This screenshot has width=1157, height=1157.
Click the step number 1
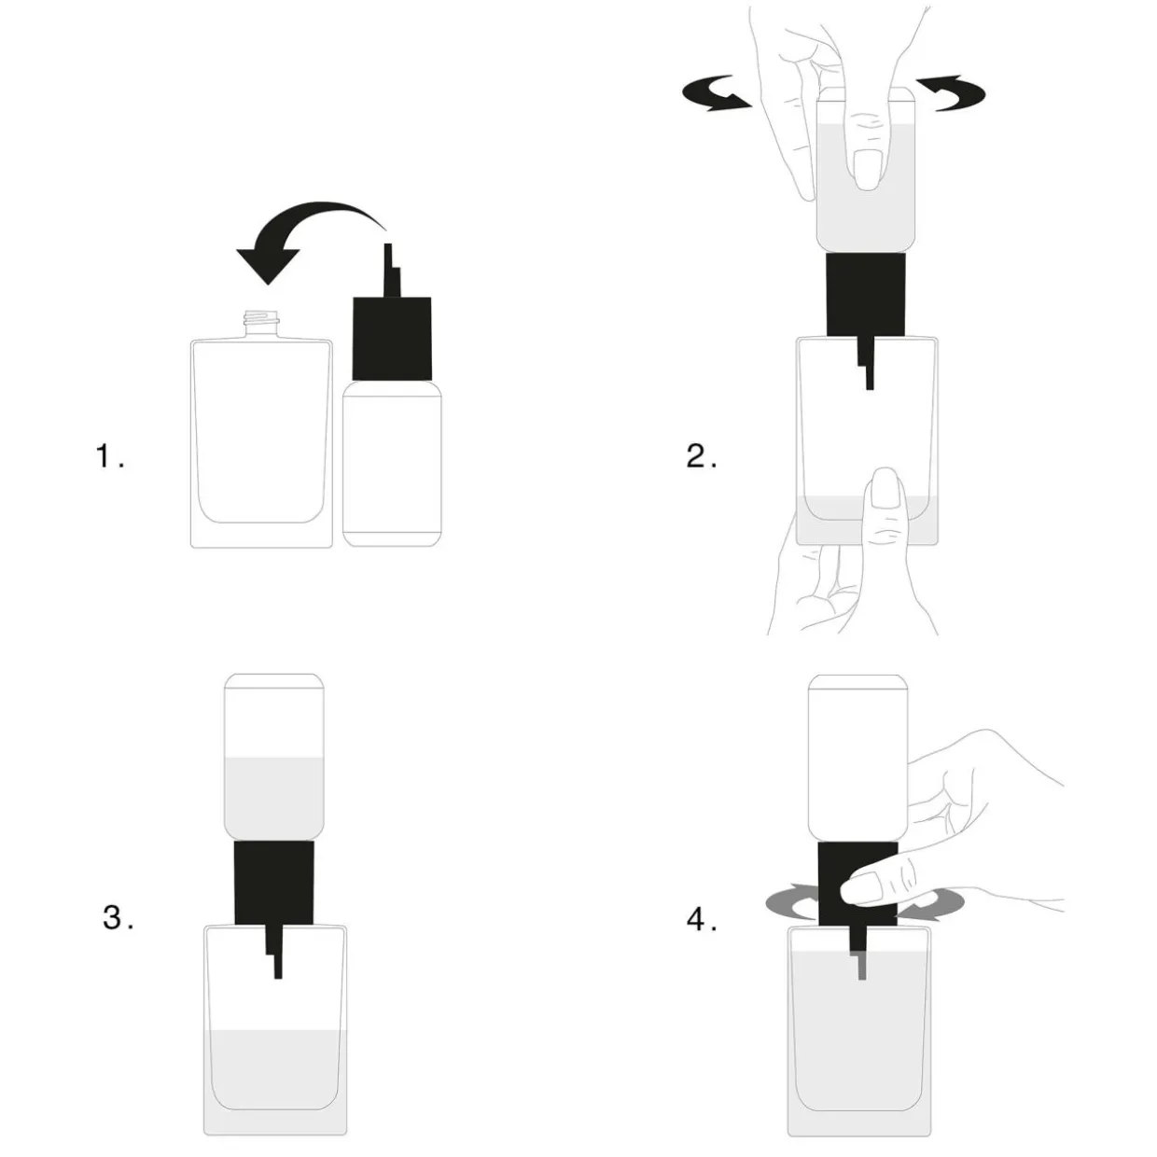click(110, 455)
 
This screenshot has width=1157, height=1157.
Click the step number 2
click(701, 455)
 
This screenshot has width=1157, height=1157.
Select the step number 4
click(702, 919)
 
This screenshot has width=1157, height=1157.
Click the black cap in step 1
click(392, 338)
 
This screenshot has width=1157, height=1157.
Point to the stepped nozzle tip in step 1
click(392, 271)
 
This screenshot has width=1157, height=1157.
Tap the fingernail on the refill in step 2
click(867, 169)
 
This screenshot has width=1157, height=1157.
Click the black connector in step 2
click(866, 294)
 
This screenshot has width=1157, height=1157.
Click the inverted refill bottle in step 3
click(273, 757)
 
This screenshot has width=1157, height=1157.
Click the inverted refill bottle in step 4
click(858, 758)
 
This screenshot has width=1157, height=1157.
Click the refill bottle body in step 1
click(392, 463)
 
